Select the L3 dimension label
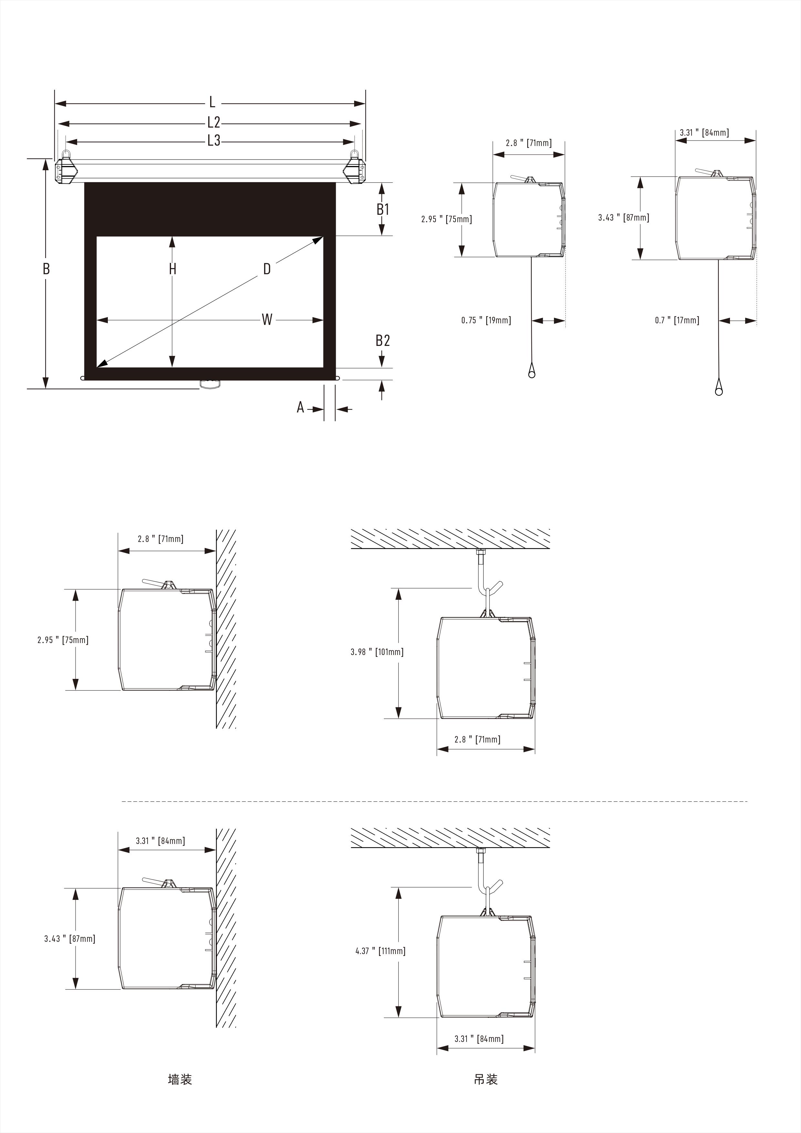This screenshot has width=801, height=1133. pyautogui.click(x=213, y=140)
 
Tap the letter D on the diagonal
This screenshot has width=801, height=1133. pyautogui.click(x=267, y=269)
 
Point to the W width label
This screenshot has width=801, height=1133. pyautogui.click(x=267, y=319)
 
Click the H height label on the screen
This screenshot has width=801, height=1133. pyautogui.click(x=172, y=269)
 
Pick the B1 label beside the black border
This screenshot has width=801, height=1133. pyautogui.click(x=383, y=209)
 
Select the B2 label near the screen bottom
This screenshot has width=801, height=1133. pyautogui.click(x=383, y=340)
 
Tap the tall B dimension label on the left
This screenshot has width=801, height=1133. pyautogui.click(x=46, y=269)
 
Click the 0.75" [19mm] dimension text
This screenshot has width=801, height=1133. pyautogui.click(x=486, y=320)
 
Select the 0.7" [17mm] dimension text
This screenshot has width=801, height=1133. pyautogui.click(x=677, y=320)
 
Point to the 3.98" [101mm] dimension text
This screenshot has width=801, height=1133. pyautogui.click(x=377, y=652)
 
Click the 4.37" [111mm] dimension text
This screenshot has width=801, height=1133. pyautogui.click(x=380, y=951)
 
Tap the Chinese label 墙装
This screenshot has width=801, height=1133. pyautogui.click(x=180, y=1079)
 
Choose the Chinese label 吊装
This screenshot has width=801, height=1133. pyautogui.click(x=486, y=1079)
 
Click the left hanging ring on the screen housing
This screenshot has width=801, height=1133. pyautogui.click(x=67, y=153)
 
